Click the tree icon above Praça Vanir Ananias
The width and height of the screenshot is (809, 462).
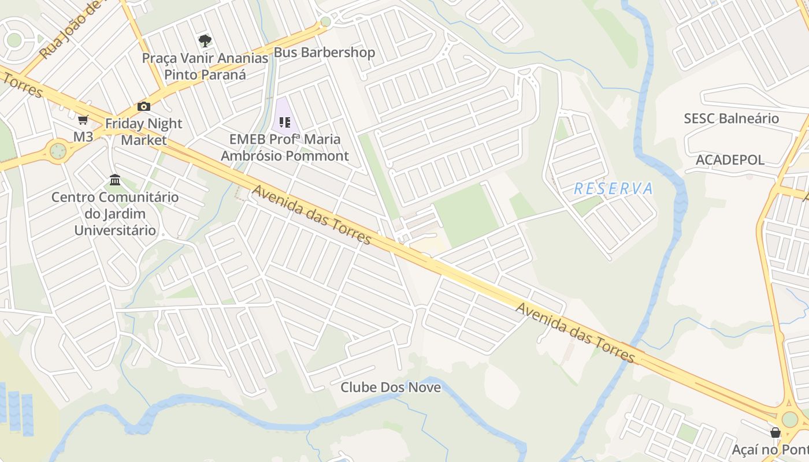(205, 40)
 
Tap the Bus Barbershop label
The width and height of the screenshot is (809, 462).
(324, 53)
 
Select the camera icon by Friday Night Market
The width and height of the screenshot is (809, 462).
(144, 106)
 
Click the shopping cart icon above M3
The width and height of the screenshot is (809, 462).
(83, 120)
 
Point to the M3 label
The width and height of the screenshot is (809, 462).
(83, 137)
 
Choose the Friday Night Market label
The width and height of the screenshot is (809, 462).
(144, 132)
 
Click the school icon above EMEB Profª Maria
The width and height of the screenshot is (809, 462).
(284, 122)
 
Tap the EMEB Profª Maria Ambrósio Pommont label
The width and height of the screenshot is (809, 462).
(285, 147)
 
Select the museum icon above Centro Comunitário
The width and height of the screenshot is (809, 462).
(115, 180)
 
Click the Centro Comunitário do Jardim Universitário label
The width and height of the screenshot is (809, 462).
(115, 214)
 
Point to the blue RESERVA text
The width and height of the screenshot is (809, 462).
(614, 189)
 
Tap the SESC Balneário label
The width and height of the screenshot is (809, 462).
(731, 118)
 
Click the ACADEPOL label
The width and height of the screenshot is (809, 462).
(730, 160)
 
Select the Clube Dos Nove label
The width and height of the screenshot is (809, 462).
(391, 388)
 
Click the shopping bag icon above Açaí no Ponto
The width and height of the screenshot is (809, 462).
(775, 433)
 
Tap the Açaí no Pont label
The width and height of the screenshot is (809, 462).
(770, 449)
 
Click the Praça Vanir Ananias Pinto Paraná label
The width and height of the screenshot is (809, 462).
(205, 66)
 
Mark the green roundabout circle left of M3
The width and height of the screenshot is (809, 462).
(58, 151)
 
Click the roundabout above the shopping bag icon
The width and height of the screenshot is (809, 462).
(789, 419)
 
